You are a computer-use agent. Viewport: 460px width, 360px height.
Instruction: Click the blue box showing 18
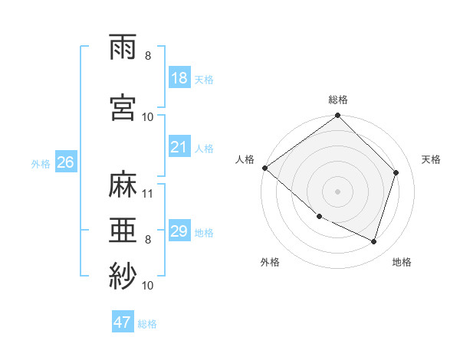pyautogui.click(x=179, y=78)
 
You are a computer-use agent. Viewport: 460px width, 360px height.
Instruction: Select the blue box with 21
pyautogui.click(x=179, y=147)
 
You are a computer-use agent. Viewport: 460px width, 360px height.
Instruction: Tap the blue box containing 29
pyautogui.click(x=179, y=231)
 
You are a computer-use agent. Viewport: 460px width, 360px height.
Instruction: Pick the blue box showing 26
pyautogui.click(x=65, y=162)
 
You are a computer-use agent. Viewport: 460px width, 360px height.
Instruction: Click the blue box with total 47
pyautogui.click(x=123, y=322)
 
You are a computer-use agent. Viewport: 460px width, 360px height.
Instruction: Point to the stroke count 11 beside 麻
pyautogui.click(x=148, y=193)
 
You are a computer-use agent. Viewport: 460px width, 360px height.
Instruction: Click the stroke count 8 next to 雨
pyautogui.click(x=148, y=56)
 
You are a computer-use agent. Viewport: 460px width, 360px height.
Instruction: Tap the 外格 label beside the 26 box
pyautogui.click(x=41, y=163)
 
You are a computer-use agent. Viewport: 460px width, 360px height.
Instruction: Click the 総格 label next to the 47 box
pyautogui.click(x=147, y=323)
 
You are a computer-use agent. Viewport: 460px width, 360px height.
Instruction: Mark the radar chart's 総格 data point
pyautogui.click(x=337, y=116)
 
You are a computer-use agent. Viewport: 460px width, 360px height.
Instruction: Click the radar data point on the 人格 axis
pyautogui.click(x=264, y=168)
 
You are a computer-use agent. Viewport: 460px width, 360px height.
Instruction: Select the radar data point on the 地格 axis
pyautogui.click(x=373, y=241)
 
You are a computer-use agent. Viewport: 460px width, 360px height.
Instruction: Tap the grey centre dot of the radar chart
pyautogui.click(x=337, y=191)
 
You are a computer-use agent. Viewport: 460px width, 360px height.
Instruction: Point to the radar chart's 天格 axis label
pyautogui.click(x=432, y=159)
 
